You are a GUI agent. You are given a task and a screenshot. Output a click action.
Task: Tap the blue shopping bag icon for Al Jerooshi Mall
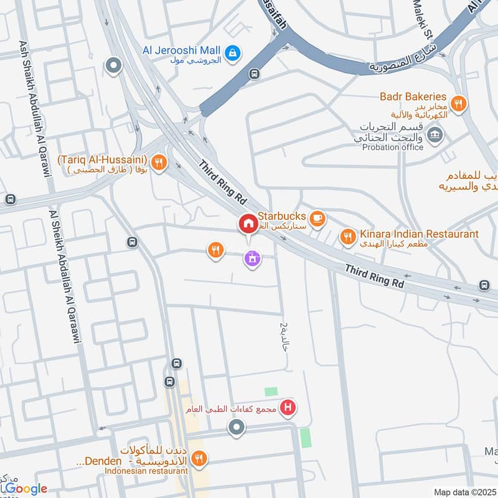[x=232, y=54]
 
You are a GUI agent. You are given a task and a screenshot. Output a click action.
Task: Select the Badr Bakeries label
[x=414, y=96]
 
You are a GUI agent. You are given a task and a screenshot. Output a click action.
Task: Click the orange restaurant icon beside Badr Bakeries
[x=458, y=103]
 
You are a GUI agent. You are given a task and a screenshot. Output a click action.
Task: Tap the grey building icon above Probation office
[x=435, y=134]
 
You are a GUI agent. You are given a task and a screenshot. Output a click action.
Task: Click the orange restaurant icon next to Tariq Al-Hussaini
[x=159, y=163]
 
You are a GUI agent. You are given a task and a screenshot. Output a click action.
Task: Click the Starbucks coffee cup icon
[x=318, y=217]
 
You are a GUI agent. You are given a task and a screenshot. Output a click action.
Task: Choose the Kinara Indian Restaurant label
[x=419, y=234]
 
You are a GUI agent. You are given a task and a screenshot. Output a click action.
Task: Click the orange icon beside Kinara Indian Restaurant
[x=346, y=236]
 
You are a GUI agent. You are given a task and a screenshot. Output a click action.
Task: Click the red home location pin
[x=248, y=224]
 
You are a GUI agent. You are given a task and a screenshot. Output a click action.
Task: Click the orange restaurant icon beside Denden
[x=199, y=459]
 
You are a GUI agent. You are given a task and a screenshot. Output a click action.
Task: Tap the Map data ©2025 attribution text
[x=464, y=492]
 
